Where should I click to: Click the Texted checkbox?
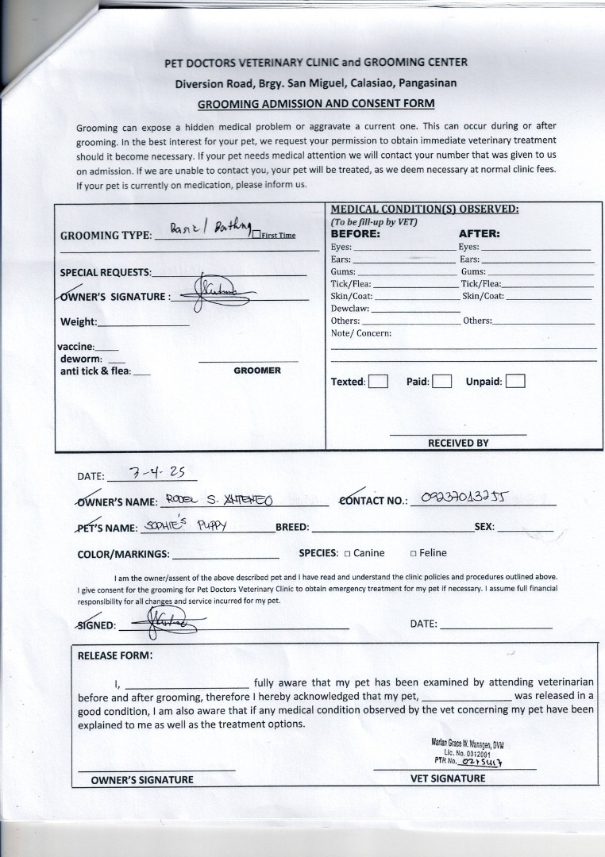379,381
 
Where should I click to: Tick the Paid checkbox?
442,381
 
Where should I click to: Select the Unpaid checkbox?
515,381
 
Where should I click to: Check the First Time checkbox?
256,233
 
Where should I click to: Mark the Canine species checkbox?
347,553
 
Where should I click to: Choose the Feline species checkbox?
414,553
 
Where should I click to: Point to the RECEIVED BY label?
458,443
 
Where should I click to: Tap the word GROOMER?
256,371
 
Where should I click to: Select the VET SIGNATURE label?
447,778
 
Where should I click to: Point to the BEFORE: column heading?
355,234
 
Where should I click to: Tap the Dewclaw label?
349,308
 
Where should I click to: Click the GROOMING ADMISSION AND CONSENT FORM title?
315,103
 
